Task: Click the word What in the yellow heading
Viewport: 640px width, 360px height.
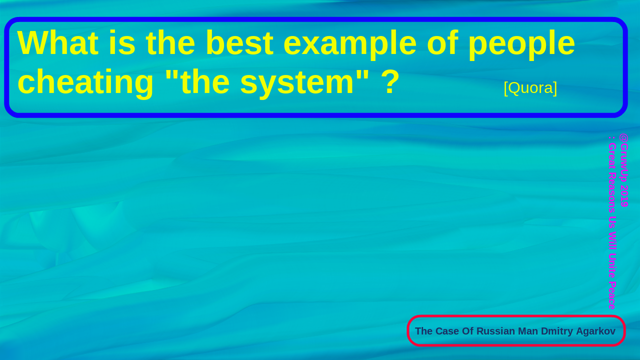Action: (58, 42)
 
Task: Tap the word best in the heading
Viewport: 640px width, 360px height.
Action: (239, 42)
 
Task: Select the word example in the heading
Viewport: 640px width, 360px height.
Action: (350, 44)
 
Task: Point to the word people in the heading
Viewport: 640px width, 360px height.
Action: (521, 44)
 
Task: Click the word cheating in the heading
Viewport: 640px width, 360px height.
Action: (85, 83)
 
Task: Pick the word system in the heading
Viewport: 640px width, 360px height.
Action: (297, 83)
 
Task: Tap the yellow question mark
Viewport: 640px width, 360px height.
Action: (390, 81)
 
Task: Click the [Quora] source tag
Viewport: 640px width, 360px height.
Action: (530, 88)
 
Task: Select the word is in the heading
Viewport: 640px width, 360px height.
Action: (122, 42)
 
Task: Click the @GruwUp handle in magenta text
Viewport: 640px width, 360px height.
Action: (623, 157)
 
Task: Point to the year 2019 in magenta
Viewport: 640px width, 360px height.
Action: (623, 196)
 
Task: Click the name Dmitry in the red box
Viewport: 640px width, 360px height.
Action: (557, 331)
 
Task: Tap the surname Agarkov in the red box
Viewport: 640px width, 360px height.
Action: (595, 331)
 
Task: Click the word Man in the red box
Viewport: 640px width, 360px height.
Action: (528, 331)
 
